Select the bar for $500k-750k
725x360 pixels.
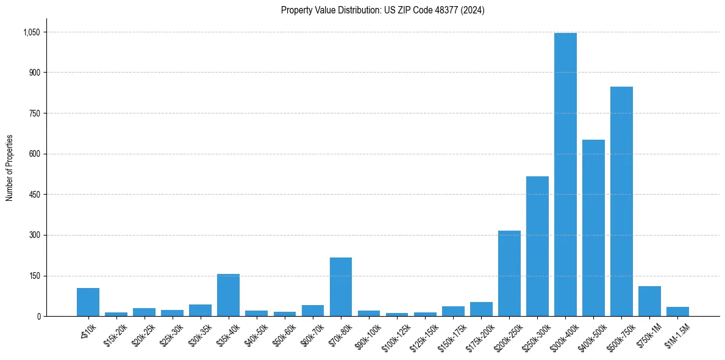tap(621, 201)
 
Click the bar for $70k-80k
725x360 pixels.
tap(341, 287)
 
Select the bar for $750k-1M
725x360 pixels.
tap(649, 301)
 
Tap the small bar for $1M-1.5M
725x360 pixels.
tap(677, 312)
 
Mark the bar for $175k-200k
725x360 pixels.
tap(481, 309)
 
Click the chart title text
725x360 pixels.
tap(382, 10)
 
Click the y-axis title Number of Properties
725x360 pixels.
tap(10, 168)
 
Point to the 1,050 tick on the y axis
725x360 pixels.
tap(32, 32)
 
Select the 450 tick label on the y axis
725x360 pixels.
tap(35, 195)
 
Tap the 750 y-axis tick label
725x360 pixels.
tap(35, 113)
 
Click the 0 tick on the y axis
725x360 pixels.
tap(38, 316)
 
